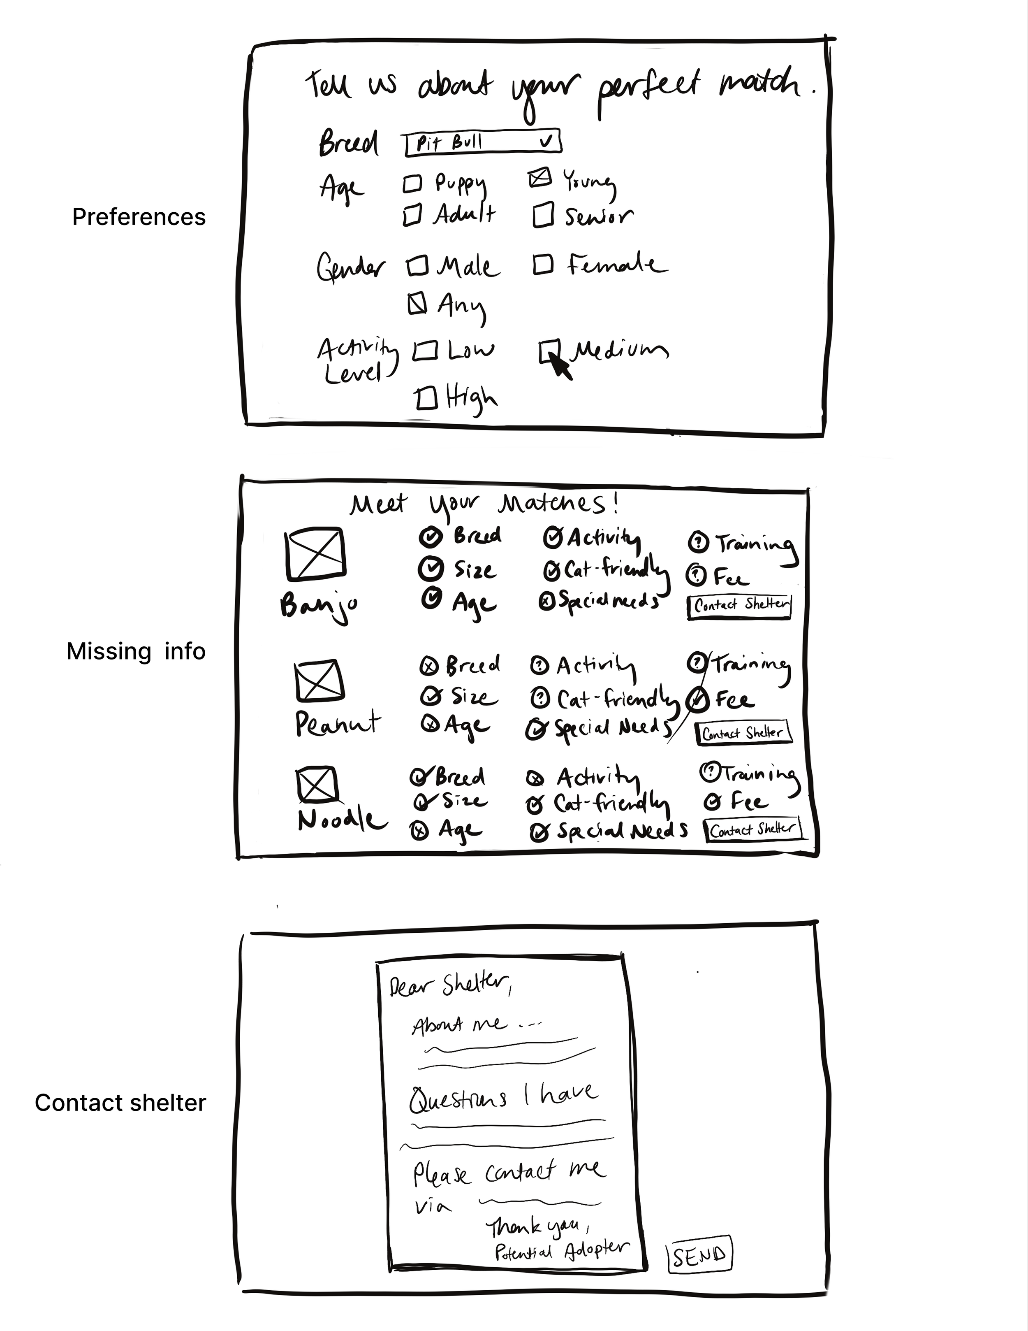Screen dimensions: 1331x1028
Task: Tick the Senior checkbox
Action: click(x=543, y=215)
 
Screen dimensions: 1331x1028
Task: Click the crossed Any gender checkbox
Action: click(x=417, y=303)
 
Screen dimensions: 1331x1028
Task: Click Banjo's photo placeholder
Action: click(x=315, y=553)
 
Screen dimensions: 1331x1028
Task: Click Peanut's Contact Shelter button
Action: click(x=743, y=732)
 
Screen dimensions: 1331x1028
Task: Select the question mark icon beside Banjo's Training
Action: click(x=698, y=541)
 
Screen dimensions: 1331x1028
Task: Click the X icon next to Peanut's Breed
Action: click(x=429, y=667)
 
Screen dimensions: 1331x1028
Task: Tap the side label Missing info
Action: click(x=136, y=651)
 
